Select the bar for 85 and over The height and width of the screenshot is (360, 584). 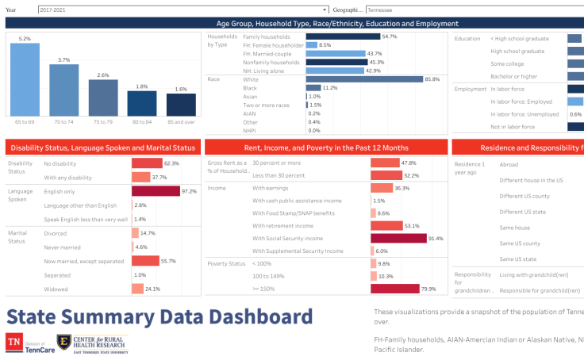181,105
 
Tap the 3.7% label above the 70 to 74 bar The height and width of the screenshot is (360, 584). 63,59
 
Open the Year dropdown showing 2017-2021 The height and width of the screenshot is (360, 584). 182,10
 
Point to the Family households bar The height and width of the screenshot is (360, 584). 333,36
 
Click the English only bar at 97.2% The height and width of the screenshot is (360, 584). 156,191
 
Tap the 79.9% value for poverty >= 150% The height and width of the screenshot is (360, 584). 428,289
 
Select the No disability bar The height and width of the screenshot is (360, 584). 147,163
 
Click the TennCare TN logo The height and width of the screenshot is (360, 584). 14,343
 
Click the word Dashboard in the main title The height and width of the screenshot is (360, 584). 254,318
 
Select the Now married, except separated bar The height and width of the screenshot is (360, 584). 145,261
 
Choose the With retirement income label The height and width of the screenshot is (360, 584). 280,225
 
